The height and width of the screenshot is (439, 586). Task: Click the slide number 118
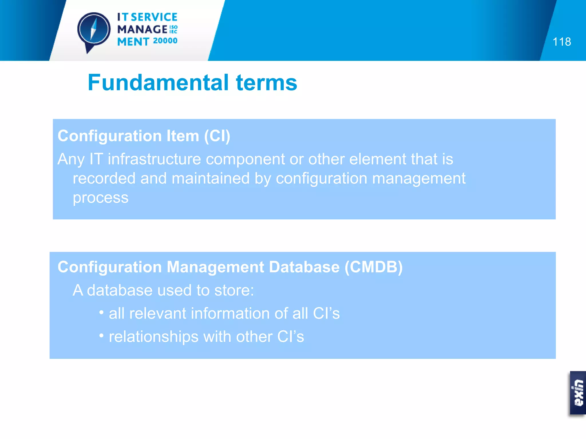point(562,42)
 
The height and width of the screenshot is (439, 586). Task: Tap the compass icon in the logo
point(94,30)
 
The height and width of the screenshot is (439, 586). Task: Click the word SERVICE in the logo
point(154,17)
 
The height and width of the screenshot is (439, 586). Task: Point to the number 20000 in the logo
point(165,41)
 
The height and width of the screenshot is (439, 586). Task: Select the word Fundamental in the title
point(158,83)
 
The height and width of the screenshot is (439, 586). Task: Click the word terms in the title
point(266,83)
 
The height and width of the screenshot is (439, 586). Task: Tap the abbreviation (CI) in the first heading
point(217,136)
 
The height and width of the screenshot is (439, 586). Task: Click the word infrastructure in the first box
point(154,159)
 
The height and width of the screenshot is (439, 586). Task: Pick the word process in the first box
point(100,197)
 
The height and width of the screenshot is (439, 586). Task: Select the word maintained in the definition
point(211,178)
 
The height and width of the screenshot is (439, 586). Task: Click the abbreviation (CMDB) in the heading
point(373,267)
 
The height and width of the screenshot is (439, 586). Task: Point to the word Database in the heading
point(304,267)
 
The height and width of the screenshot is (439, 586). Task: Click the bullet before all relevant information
point(101,312)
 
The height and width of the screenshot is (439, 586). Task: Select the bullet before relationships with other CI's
point(101,336)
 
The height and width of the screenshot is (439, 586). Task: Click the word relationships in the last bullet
point(154,337)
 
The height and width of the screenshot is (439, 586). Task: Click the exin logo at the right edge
point(578,393)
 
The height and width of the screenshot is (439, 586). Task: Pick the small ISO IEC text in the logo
point(173,29)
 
